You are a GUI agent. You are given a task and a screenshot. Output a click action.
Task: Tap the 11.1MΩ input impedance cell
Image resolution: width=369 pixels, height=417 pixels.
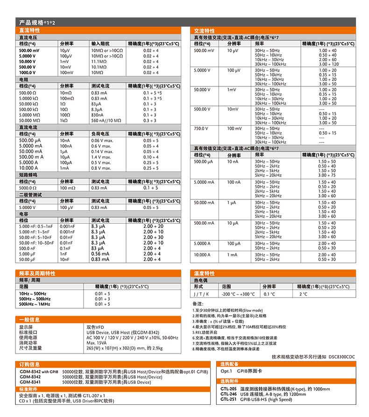point(99,62)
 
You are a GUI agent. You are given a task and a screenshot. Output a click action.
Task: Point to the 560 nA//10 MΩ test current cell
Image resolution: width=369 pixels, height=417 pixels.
point(106,120)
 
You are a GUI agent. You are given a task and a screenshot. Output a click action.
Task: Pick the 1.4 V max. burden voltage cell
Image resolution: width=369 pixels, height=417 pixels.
point(101,157)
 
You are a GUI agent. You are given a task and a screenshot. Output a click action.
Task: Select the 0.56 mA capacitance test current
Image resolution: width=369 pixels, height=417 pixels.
point(100,254)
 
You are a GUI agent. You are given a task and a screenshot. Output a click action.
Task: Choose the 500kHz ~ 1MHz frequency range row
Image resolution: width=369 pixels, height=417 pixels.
point(35,304)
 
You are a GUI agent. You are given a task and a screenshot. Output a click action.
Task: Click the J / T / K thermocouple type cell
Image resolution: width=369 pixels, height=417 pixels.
point(202,294)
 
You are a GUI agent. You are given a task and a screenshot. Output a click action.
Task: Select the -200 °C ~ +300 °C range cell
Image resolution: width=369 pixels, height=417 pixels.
point(238,294)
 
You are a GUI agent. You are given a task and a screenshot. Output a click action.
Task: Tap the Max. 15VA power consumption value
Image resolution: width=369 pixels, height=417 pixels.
point(97,343)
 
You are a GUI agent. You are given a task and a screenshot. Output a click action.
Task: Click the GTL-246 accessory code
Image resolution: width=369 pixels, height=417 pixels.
point(228,394)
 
